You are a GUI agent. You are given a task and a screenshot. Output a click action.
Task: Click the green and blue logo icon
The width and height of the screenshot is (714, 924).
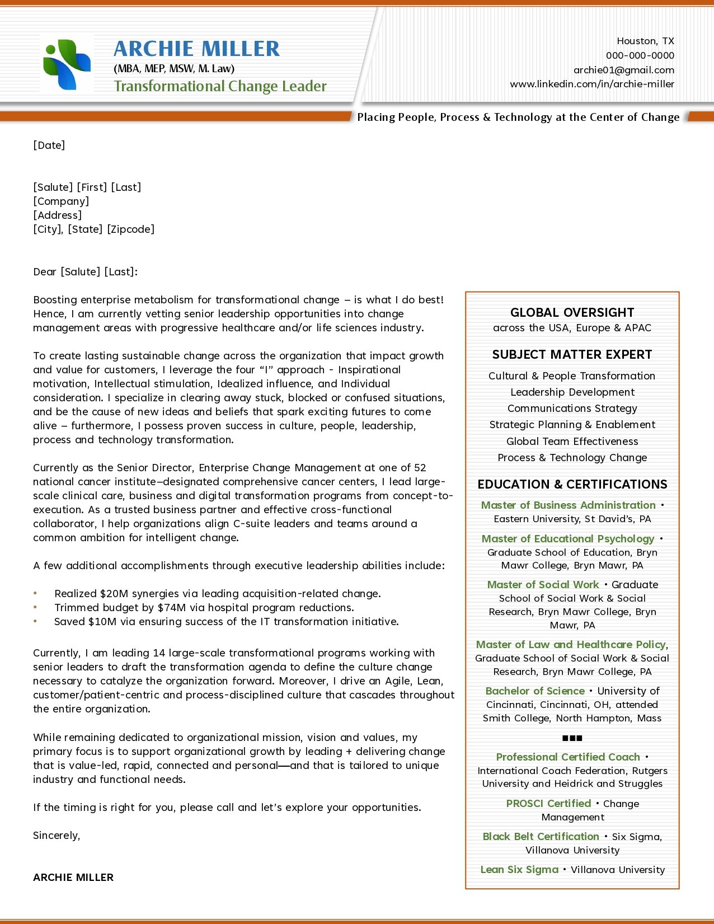67,64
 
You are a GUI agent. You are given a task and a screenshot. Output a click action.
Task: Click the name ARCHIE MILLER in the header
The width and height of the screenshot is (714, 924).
196,49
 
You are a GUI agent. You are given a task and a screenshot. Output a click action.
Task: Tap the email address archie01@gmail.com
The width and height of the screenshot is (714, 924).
623,70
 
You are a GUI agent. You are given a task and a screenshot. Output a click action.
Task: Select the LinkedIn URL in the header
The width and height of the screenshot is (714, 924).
591,84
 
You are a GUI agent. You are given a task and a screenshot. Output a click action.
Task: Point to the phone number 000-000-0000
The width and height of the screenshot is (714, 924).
640,55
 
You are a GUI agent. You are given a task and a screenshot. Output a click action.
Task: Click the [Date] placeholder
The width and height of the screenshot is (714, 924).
49,145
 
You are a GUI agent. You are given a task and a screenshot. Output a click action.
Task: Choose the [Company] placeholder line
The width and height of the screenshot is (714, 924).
61,201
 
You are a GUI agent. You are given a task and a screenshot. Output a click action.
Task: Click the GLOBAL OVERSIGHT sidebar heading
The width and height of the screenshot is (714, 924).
572,312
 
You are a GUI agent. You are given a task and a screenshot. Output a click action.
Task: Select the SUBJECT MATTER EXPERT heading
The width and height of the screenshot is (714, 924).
572,354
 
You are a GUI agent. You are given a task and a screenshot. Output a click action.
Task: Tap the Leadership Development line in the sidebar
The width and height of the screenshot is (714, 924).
572,392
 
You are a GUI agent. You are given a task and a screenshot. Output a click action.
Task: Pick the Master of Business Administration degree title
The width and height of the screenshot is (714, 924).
568,505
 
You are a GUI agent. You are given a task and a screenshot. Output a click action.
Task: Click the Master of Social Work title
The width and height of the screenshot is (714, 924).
543,584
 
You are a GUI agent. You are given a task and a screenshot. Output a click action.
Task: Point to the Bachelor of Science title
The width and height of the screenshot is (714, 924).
534,691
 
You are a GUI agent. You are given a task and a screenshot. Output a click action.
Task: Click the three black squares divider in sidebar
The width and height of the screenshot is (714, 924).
572,738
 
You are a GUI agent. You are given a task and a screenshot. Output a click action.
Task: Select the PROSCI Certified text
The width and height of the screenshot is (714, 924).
548,803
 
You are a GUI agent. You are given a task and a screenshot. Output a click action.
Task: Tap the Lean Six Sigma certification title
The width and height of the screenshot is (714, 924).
519,869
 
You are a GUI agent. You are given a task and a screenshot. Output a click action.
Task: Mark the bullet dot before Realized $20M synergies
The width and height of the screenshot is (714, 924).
35,593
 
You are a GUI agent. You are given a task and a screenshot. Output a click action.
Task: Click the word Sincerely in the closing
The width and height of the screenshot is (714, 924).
56,835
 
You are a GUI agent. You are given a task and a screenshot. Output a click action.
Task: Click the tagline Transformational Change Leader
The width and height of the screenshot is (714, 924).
220,86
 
